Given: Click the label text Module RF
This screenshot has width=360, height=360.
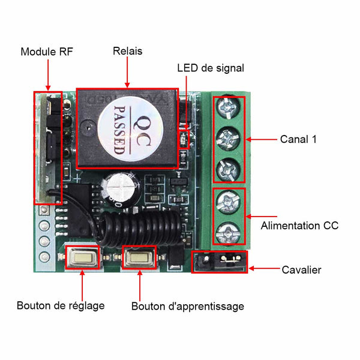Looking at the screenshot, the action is [x=47, y=52].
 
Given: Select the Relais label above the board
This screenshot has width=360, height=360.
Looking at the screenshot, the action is [x=127, y=51].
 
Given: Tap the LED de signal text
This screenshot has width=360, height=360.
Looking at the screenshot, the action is [x=211, y=68].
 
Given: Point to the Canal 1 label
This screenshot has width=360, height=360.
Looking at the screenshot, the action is [x=298, y=139].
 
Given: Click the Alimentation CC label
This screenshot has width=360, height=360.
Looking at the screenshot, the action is [x=299, y=226].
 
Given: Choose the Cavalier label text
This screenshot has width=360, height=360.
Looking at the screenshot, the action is [x=301, y=270].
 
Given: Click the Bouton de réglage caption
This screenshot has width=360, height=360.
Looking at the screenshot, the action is [x=61, y=306].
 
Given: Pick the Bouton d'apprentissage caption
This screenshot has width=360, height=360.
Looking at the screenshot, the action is [x=188, y=307].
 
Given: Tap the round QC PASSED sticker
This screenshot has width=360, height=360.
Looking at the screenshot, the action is [x=130, y=128].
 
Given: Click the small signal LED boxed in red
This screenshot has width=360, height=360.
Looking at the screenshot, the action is [x=184, y=139].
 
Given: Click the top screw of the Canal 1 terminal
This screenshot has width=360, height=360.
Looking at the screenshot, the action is [x=228, y=107].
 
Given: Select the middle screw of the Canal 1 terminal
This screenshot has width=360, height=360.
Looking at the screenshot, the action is [x=228, y=139].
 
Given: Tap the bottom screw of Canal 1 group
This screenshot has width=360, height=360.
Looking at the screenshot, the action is [x=228, y=170].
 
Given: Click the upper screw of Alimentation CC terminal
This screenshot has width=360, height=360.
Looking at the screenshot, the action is [x=228, y=202].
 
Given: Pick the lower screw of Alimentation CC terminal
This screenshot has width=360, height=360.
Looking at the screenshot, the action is [x=228, y=233].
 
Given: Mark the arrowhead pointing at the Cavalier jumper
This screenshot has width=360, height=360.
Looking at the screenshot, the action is [x=251, y=268].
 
